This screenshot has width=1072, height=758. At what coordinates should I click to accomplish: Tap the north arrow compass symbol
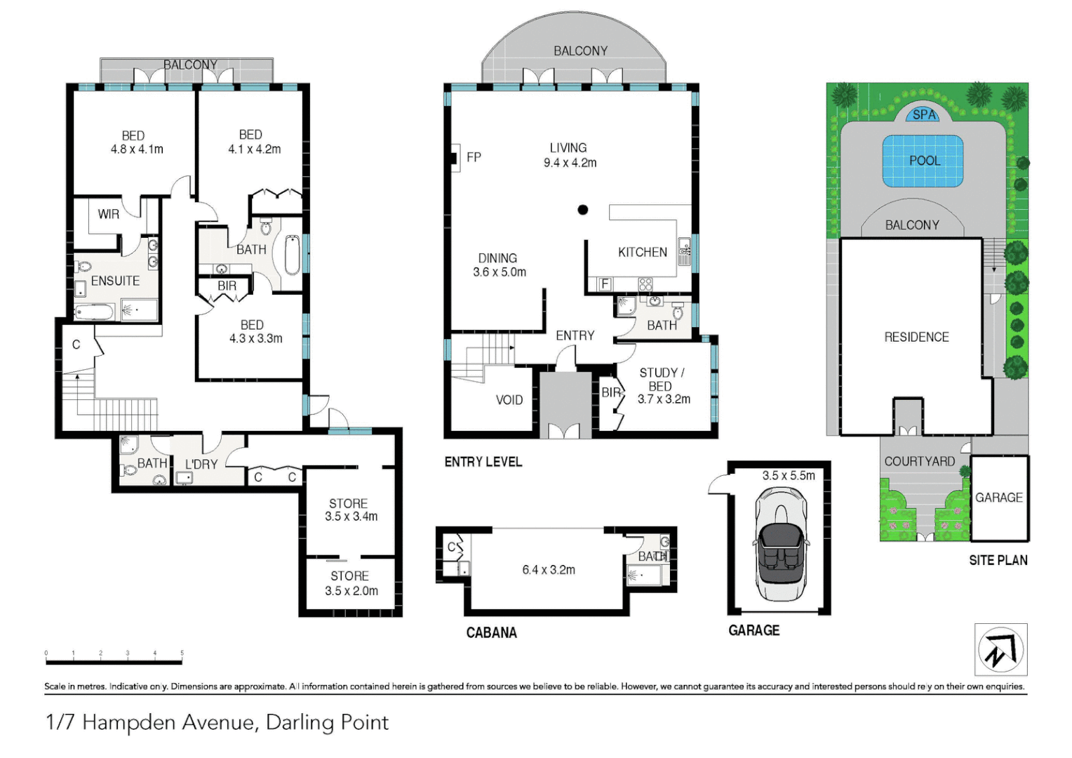1000,650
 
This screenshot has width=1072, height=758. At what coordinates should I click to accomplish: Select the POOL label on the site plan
925,161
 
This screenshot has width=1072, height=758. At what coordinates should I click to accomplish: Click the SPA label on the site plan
924,115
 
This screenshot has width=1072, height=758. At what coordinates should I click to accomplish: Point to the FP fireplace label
474,157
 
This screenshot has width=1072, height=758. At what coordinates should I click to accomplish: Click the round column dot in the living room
582,209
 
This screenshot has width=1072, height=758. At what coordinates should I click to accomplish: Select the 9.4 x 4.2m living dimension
570,163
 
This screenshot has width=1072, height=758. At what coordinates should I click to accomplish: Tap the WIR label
108,214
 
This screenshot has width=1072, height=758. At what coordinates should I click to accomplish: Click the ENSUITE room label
115,281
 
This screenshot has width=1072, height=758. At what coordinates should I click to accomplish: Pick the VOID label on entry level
509,400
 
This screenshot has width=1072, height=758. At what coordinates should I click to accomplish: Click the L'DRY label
201,464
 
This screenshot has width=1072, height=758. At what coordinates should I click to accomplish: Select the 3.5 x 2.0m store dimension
351,591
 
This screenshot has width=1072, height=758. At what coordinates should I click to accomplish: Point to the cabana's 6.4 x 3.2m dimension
549,570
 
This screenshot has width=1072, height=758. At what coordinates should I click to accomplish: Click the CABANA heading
492,632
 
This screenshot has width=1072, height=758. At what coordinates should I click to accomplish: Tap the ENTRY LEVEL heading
483,462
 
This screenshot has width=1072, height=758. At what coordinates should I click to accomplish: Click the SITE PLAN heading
998,560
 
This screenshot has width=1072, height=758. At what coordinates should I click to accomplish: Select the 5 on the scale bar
182,653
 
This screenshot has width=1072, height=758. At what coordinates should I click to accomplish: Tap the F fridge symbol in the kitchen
605,284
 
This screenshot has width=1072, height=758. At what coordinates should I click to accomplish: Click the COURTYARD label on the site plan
919,461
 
